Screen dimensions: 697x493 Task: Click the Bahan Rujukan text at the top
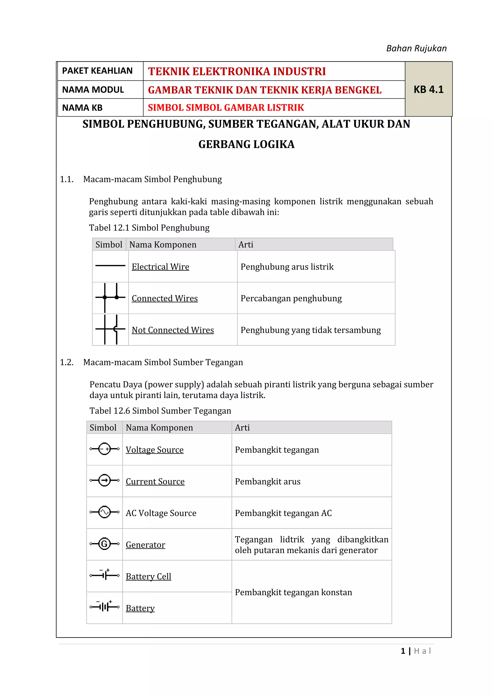(416, 49)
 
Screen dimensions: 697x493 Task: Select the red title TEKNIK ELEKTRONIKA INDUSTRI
(237, 71)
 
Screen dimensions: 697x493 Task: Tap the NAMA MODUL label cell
(93, 90)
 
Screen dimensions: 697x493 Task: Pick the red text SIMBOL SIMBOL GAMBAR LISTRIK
(226, 108)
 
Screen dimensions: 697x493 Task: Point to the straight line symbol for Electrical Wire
(110, 266)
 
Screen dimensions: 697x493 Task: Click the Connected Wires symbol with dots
(110, 297)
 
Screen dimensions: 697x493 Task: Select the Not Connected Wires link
(173, 330)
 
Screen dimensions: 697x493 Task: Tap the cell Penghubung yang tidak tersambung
(311, 330)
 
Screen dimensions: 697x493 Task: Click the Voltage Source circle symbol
(104, 449)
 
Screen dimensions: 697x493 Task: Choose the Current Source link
(155, 481)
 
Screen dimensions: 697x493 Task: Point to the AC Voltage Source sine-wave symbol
(104, 512)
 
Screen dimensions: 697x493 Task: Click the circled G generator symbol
(104, 544)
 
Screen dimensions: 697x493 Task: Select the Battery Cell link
(149, 576)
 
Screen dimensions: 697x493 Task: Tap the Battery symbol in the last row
(104, 607)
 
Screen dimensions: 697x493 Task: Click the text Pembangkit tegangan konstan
(293, 592)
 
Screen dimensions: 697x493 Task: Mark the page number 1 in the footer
(403, 651)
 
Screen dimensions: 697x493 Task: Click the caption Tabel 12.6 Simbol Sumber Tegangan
(160, 411)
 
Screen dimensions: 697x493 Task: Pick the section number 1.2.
(67, 362)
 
